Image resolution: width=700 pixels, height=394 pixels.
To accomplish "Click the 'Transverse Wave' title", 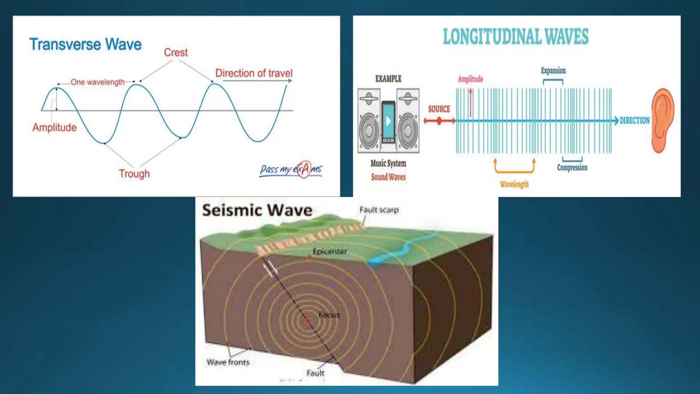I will click(85, 44).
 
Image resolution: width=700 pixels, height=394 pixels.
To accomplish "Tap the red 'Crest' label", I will click(176, 52).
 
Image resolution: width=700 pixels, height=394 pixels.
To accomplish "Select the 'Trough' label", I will click(134, 174).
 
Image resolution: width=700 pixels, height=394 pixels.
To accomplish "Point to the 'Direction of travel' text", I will click(254, 73).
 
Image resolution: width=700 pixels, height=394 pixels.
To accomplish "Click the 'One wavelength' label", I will click(98, 82).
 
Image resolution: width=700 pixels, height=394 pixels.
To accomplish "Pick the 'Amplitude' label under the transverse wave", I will click(54, 128).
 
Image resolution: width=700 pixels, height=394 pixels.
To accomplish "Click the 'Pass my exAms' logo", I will click(291, 169).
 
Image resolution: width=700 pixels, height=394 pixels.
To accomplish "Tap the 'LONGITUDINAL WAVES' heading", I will click(516, 37).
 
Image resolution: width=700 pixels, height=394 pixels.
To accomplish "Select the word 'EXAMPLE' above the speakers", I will click(388, 79).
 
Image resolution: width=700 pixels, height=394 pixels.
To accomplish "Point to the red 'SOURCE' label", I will click(439, 109).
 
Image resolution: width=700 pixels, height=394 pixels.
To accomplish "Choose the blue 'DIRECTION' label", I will click(635, 120).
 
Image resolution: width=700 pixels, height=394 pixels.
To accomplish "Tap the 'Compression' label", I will click(572, 168).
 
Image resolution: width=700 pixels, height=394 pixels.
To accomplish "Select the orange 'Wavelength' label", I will click(514, 184).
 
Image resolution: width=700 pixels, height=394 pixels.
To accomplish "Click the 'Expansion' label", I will click(553, 71).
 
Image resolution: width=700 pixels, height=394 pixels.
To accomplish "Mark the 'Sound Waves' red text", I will click(388, 177).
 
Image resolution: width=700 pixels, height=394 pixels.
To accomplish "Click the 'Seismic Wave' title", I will click(257, 210).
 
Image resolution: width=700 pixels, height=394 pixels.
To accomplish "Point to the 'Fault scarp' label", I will click(379, 210).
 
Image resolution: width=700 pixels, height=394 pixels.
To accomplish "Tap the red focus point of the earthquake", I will click(308, 320).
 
